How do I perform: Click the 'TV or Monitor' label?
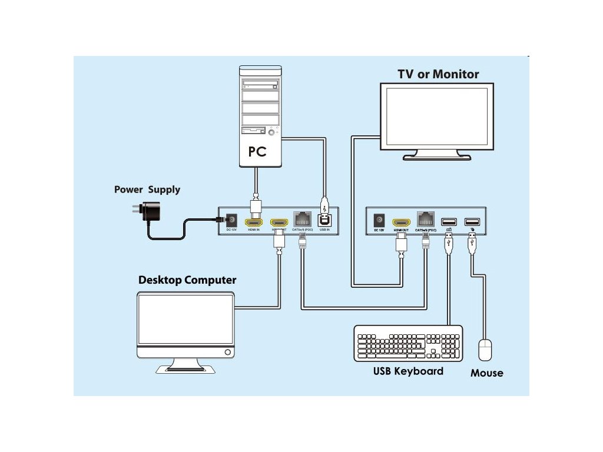pos(438,74)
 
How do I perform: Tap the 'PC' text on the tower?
pos(257,151)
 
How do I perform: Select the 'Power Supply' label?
pos(147,190)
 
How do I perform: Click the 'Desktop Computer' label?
pos(187,280)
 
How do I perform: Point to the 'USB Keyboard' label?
pos(408,371)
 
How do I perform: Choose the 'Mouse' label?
pos(486,373)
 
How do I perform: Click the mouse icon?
pos(485,350)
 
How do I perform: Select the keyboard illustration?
pos(408,343)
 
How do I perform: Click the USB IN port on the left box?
pos(324,220)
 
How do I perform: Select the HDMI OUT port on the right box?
pos(402,222)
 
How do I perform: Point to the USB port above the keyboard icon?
pos(449,222)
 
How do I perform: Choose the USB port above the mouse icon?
pos(471,222)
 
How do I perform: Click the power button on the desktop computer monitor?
pos(228,352)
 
